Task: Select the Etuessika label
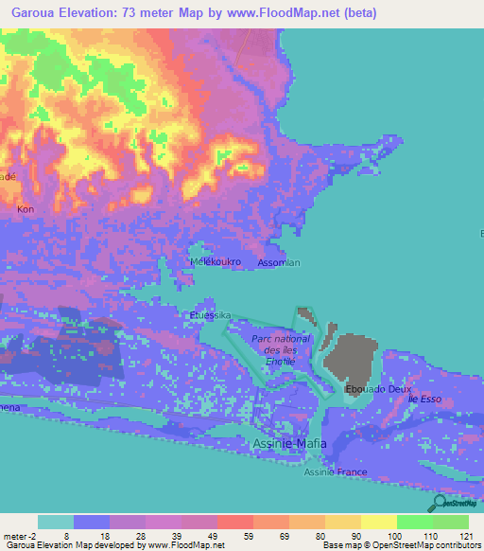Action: [211, 315]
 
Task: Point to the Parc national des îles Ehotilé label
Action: [281, 349]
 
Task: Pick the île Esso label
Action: [424, 400]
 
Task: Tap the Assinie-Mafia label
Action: [290, 443]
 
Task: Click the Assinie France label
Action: [337, 471]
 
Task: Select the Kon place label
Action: [24, 208]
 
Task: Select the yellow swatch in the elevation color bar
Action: [378, 522]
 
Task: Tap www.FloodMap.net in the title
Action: [287, 12]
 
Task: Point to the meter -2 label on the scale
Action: [19, 535]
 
